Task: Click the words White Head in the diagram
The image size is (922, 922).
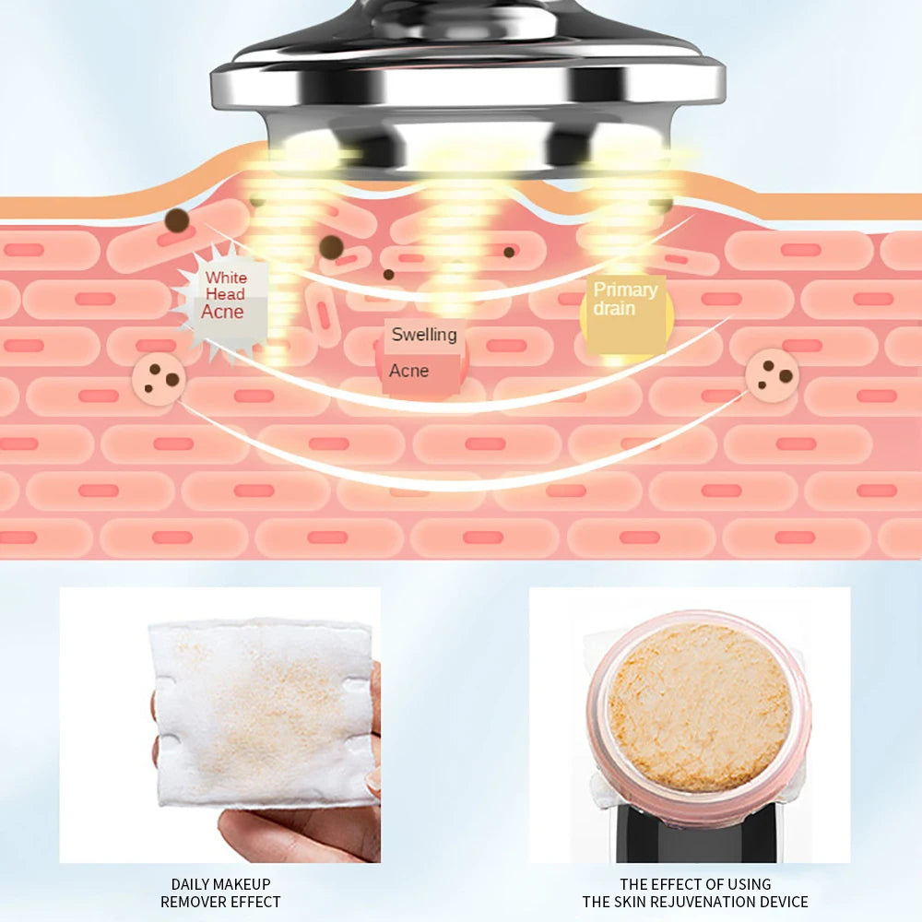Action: pyautogui.click(x=225, y=285)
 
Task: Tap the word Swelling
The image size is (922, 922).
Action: pyautogui.click(x=424, y=335)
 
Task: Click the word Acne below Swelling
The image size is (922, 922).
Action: pyautogui.click(x=408, y=371)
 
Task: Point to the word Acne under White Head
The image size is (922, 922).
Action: pyautogui.click(x=222, y=312)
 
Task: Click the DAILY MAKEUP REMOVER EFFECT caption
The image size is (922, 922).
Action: pyautogui.click(x=220, y=892)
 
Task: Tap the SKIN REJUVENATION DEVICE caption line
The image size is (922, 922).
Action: pyautogui.click(x=695, y=902)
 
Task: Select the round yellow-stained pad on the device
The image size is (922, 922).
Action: pyautogui.click(x=699, y=708)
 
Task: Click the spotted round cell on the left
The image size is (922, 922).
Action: pyautogui.click(x=159, y=379)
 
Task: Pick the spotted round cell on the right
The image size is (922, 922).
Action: pyautogui.click(x=772, y=376)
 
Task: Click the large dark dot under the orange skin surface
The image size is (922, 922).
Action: pyautogui.click(x=177, y=220)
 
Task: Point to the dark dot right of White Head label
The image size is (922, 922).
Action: pyautogui.click(x=331, y=247)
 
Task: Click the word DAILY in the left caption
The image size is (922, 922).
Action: pyautogui.click(x=186, y=884)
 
